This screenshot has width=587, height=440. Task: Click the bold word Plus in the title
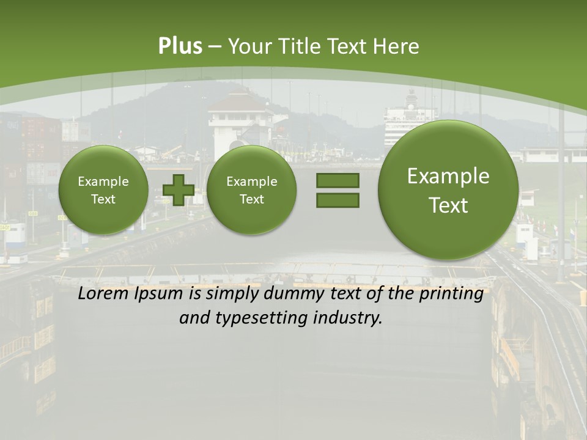[x=180, y=46]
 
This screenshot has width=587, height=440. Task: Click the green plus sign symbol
[x=179, y=190]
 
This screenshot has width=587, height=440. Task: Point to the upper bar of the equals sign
[x=338, y=180]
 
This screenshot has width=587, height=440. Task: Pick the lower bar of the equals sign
[x=338, y=200]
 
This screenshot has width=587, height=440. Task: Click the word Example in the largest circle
[x=448, y=176]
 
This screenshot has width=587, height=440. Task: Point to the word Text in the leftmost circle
[x=103, y=199]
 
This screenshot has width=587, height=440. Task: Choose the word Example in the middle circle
[x=251, y=182]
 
